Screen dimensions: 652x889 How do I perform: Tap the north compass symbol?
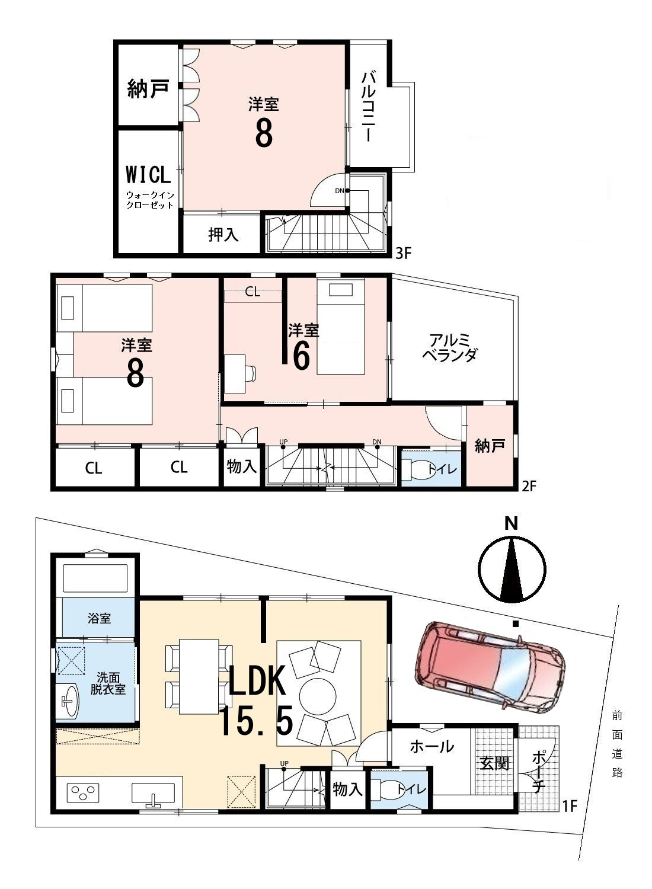tap(512, 569)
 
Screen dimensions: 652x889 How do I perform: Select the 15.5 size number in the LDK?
tap(257, 721)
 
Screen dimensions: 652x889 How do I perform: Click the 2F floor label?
tap(529, 485)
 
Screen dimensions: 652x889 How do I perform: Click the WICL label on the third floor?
tap(148, 175)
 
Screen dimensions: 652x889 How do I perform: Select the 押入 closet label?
tap(223, 235)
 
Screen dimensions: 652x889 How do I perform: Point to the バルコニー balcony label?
tap(369, 106)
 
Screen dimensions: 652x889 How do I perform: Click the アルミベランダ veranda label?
tap(450, 348)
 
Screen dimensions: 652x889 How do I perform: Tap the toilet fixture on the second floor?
tap(415, 469)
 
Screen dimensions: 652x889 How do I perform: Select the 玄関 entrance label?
tap(494, 763)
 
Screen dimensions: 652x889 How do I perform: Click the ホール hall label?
tap(432, 747)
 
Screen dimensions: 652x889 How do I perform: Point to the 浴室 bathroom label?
tap(99, 618)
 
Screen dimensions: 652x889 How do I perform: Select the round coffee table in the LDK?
tap(317, 696)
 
